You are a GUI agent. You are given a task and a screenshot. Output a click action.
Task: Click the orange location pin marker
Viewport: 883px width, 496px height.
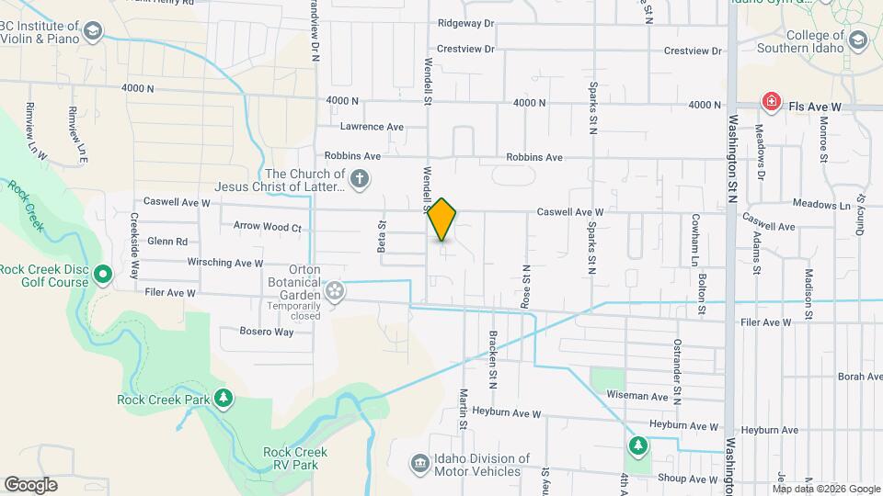(x=442, y=220)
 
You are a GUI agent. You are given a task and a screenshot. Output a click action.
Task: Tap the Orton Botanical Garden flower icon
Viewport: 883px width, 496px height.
(x=335, y=291)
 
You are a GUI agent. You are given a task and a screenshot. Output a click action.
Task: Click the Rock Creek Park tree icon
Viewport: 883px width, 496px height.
(x=223, y=398)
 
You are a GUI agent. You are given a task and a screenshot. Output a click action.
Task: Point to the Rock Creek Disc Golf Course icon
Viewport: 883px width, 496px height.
(x=103, y=274)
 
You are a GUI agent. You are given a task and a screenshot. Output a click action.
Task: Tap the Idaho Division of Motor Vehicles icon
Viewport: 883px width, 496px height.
(x=419, y=463)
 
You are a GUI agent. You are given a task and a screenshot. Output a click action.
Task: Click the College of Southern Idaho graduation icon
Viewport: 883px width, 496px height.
(x=858, y=40)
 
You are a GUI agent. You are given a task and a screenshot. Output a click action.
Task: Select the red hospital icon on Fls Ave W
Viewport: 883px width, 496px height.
(x=770, y=101)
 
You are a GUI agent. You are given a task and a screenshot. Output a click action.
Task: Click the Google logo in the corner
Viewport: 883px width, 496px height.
(x=30, y=485)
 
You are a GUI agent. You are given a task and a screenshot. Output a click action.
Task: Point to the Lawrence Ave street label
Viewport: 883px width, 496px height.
(x=372, y=127)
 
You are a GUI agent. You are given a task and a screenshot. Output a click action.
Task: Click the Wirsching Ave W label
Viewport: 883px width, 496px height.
(x=225, y=263)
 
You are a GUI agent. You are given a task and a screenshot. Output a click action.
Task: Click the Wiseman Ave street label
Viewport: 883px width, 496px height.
(x=637, y=397)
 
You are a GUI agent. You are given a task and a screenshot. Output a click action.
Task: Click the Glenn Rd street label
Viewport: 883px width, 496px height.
(x=166, y=242)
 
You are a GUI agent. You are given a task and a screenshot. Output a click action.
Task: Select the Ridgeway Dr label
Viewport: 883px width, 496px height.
(x=466, y=22)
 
